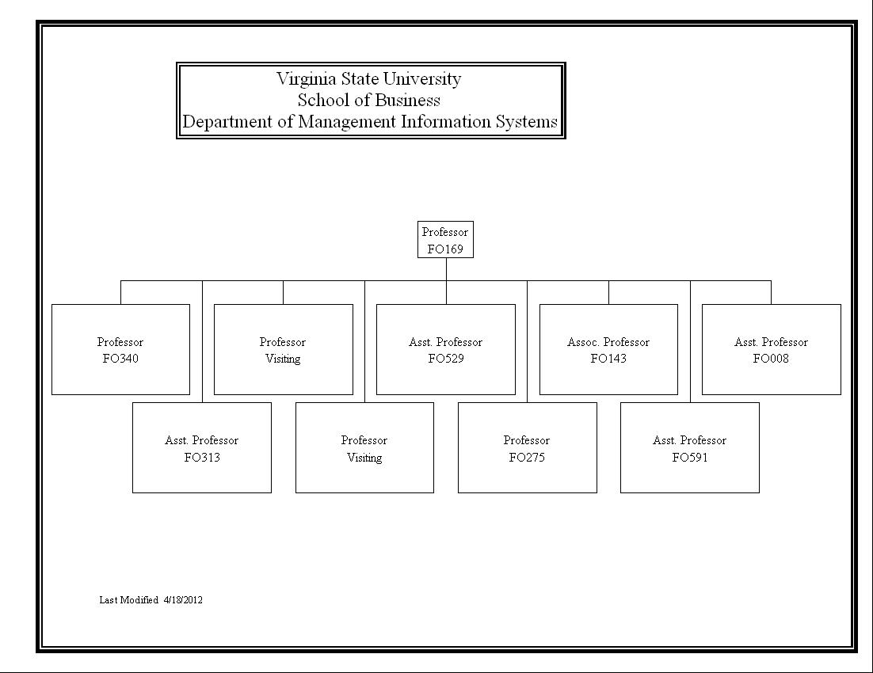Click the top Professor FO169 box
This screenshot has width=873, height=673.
445,239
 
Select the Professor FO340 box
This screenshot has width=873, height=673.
121,350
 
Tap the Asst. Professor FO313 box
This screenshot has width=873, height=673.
202,447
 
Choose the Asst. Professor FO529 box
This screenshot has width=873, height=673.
446,350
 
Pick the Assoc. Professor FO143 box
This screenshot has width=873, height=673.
608,350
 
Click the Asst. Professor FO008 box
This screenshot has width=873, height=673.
772,350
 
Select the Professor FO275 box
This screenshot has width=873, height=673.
528,447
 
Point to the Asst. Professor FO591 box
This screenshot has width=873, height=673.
690,447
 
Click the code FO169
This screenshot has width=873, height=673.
445,249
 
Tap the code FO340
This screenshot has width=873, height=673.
121,359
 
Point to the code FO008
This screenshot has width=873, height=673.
771,359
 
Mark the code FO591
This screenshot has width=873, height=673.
690,458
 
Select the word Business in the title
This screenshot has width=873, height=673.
407,101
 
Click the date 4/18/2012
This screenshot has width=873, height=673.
183,600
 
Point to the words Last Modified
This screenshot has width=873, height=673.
128,600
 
